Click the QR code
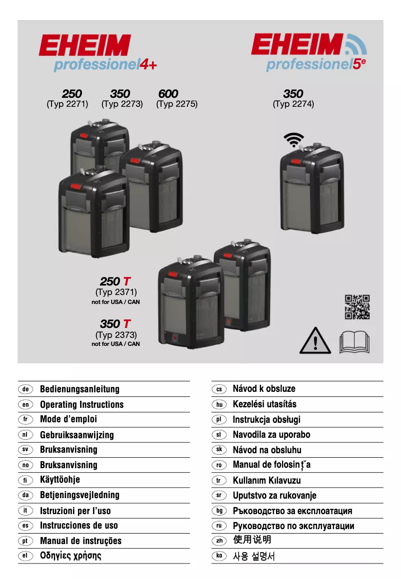coord(357,307)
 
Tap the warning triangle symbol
coord(315,341)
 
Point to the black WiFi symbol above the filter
coord(293,140)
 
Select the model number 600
coord(168,94)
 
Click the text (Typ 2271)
coord(67,104)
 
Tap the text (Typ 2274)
coord(293,104)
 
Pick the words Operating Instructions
coord(81,404)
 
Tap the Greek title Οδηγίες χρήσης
coord(70,556)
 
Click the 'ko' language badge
coord(218,556)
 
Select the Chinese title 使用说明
coord(252,540)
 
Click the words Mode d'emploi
coord(68,419)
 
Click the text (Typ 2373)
coord(116,335)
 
